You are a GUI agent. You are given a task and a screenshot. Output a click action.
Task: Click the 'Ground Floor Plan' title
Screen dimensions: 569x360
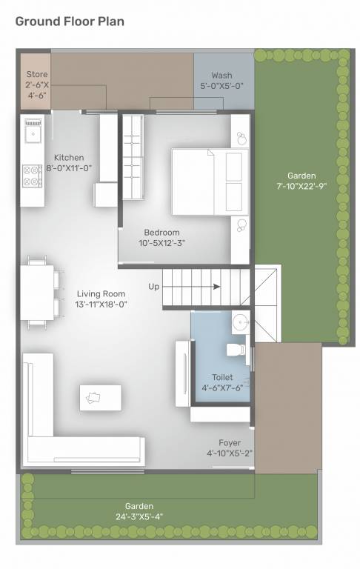pyautogui.click(x=70, y=21)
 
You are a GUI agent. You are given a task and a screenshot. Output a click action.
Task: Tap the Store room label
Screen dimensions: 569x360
pyautogui.click(x=36, y=74)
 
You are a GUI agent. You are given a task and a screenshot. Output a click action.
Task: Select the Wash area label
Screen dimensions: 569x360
pyautogui.click(x=221, y=76)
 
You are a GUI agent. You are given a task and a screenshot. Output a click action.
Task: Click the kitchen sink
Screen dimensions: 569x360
pyautogui.click(x=32, y=134)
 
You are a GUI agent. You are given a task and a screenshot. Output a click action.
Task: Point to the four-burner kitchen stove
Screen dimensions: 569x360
pyautogui.click(x=32, y=176)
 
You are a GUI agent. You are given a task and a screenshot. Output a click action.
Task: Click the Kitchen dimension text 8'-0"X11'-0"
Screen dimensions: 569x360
pyautogui.click(x=68, y=168)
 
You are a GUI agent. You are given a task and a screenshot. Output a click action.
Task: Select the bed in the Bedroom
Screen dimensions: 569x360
pyautogui.click(x=210, y=182)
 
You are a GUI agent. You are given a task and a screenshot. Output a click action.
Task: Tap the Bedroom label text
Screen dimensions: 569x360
pyautogui.click(x=161, y=233)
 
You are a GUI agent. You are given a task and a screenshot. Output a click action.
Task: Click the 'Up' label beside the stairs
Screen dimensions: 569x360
pyautogui.click(x=153, y=286)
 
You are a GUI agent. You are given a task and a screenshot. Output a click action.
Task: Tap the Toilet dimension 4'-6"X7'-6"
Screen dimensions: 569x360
pyautogui.click(x=222, y=387)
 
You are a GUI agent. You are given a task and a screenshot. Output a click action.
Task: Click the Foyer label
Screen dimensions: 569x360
pyautogui.click(x=229, y=442)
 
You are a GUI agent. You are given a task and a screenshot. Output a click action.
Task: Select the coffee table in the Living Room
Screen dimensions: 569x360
pyautogui.click(x=100, y=397)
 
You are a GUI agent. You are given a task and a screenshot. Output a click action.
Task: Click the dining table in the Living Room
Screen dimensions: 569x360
pyautogui.click(x=36, y=293)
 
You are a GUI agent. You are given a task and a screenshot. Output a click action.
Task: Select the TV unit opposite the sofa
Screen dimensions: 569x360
pyautogui.click(x=182, y=373)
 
